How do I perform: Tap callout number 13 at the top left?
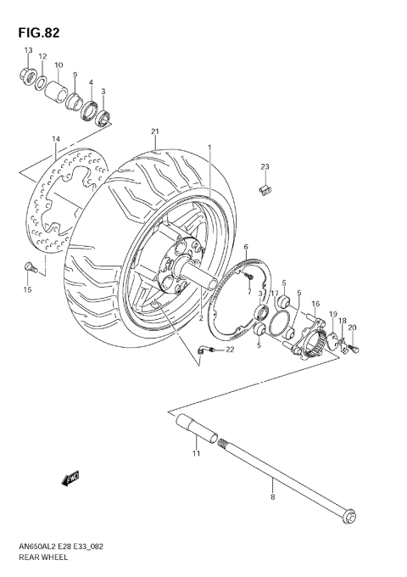click(27, 52)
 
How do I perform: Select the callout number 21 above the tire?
click(155, 131)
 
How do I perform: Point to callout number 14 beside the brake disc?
click(55, 138)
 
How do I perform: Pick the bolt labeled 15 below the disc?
click(30, 269)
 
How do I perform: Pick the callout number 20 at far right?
click(352, 328)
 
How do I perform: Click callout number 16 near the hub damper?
click(315, 303)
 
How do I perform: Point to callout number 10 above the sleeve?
click(59, 65)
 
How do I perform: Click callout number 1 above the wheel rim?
click(209, 147)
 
